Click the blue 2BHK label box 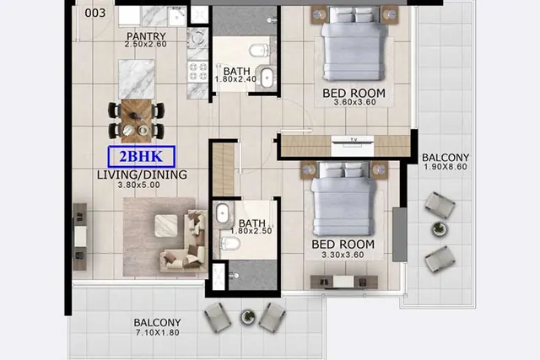(142, 157)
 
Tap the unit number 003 (95, 13)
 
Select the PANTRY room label (146, 35)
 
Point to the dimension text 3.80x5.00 (138, 185)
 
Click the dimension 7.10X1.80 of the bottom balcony (158, 333)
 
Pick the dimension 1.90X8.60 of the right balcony (445, 167)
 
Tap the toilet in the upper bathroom (259, 51)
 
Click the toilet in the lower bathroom (230, 244)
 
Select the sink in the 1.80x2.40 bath (267, 78)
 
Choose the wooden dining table (137, 121)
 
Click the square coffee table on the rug (166, 225)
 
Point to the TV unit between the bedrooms (352, 145)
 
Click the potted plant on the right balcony (439, 228)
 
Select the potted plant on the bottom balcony (247, 316)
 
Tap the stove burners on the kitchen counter (198, 72)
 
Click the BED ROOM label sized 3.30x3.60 (343, 244)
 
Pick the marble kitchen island (137, 79)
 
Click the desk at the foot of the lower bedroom (344, 282)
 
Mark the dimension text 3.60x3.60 (354, 102)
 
